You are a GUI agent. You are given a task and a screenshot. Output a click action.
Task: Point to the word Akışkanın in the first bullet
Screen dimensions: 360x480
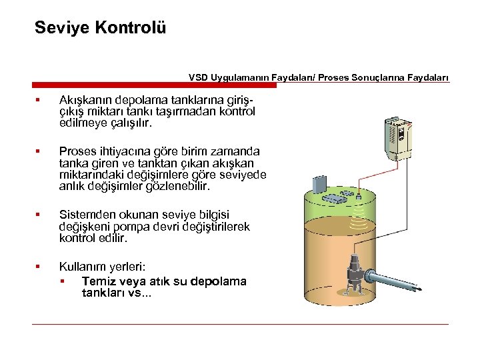(87, 100)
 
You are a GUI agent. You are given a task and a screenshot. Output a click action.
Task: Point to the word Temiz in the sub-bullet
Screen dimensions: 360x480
(98, 281)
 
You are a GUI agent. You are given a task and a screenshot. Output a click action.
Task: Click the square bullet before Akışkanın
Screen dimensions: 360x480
(39, 101)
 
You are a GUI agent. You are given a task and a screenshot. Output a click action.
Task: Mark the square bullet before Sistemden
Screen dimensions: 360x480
(39, 215)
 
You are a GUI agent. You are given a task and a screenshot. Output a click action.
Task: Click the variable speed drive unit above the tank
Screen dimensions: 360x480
(399, 139)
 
